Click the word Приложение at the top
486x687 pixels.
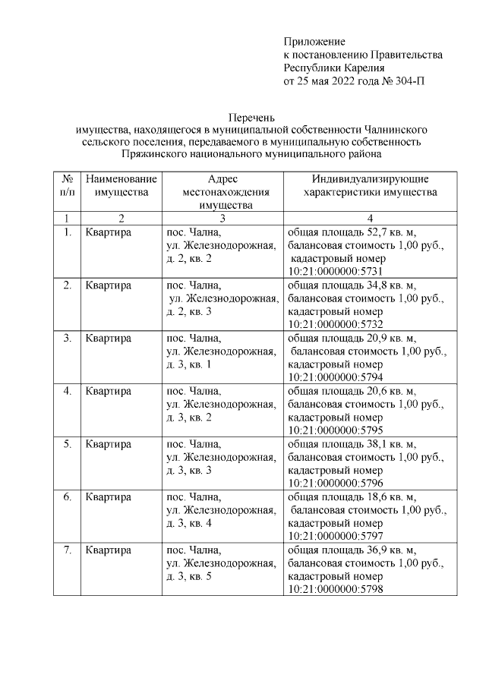(314, 41)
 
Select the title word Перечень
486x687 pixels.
(252, 117)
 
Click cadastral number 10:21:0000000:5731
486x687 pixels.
(333, 272)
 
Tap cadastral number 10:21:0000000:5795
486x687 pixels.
(333, 430)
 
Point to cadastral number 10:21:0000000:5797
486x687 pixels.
(333, 536)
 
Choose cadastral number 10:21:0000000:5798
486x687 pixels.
(333, 589)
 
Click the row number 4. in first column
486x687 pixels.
(68, 391)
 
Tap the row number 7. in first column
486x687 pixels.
(68, 550)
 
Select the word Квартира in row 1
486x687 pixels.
(109, 232)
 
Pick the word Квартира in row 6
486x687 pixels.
(109, 496)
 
